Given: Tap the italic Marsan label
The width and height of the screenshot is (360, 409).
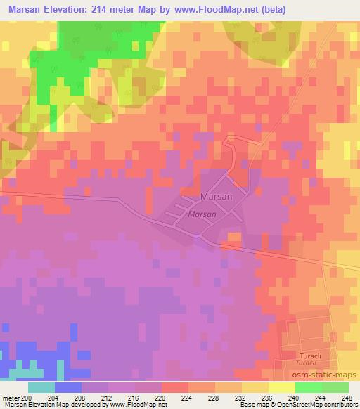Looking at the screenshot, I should pyautogui.click(x=200, y=214).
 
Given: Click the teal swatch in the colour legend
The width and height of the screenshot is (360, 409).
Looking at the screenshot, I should pyautogui.click(x=41, y=387).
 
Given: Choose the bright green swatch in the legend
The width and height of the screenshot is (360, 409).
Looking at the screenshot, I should pyautogui.click(x=308, y=387).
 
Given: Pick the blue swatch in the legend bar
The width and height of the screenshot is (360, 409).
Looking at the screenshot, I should pyautogui.click(x=68, y=387).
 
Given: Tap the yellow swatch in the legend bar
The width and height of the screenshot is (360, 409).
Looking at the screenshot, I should pyautogui.click(x=281, y=387).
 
